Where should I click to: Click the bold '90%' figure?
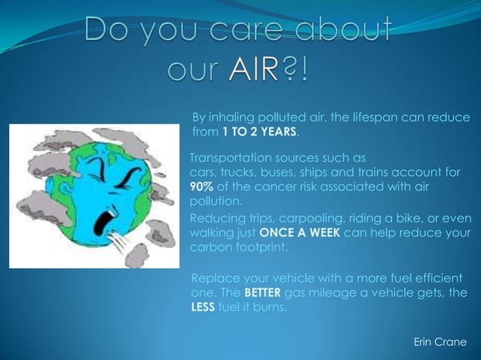[x=201, y=187]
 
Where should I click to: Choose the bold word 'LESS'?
[x=204, y=308]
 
